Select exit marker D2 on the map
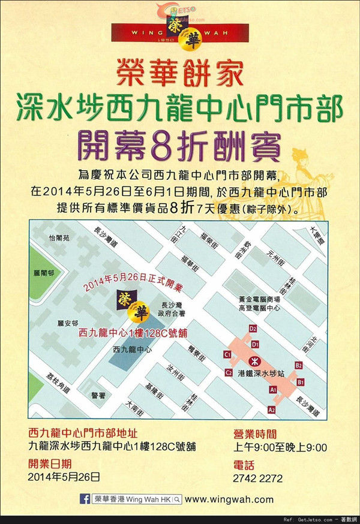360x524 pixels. [x=253, y=329]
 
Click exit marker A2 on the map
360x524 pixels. [x=272, y=409]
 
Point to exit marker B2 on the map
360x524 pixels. [x=298, y=365]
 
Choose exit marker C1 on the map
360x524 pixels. [x=227, y=355]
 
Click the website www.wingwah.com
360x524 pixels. [x=229, y=499]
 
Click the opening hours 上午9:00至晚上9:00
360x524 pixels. [x=280, y=447]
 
